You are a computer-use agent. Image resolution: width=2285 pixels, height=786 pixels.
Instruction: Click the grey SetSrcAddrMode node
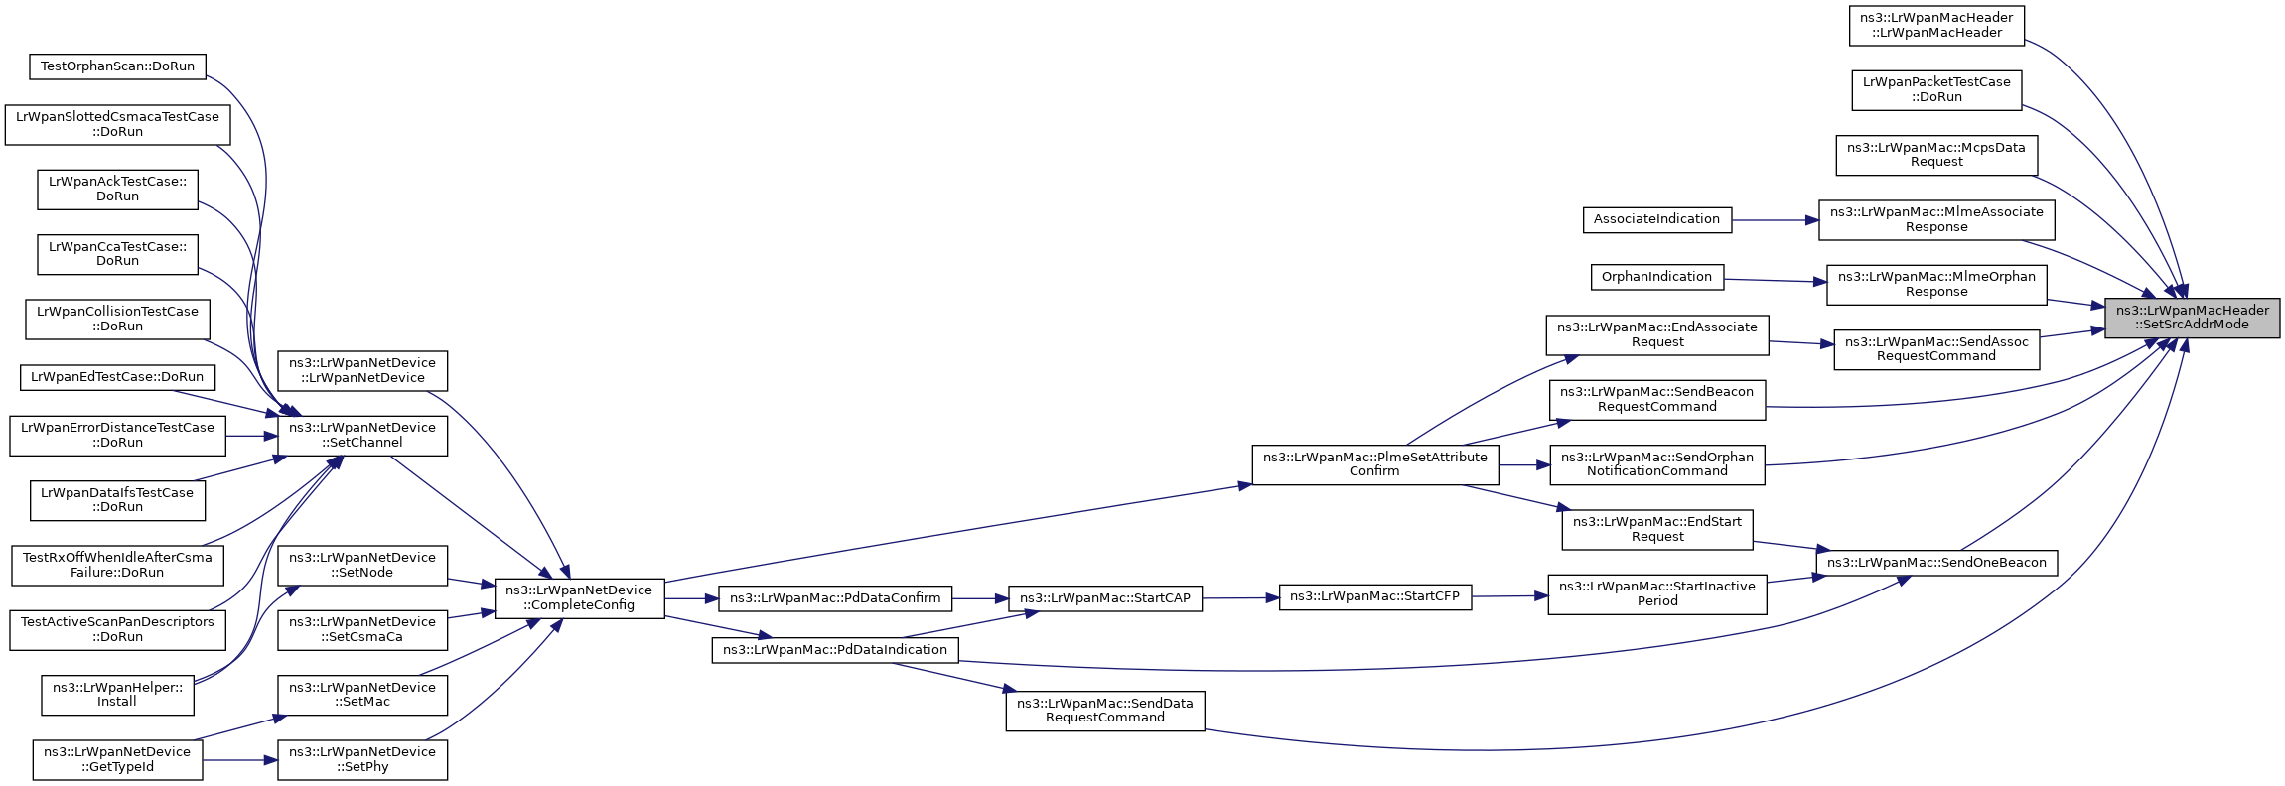2191,318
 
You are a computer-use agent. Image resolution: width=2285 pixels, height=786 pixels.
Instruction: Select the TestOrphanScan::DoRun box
117,66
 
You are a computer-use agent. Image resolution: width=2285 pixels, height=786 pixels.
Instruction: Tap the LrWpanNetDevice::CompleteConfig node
579,598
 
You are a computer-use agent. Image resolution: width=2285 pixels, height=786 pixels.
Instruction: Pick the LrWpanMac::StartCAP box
1105,598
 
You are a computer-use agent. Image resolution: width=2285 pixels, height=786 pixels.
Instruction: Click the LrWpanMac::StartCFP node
1374,597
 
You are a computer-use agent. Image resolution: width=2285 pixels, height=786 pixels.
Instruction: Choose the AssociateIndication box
1656,219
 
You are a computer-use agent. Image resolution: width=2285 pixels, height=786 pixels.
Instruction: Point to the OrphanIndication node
1656,277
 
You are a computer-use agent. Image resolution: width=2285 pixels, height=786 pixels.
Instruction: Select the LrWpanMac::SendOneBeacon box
1936,563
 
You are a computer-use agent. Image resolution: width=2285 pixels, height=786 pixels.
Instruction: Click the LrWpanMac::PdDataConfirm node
835,598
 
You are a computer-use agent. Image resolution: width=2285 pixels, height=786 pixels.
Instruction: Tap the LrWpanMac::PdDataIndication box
835,650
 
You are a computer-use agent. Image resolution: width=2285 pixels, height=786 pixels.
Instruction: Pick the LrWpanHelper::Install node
117,695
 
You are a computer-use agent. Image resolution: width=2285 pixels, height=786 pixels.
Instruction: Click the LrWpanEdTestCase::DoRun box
117,377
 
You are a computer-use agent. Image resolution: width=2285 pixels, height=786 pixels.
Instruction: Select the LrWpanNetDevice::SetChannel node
362,436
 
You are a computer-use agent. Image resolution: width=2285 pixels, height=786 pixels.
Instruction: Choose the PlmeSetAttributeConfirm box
1374,464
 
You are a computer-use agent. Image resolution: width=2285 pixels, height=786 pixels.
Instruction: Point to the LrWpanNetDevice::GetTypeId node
117,760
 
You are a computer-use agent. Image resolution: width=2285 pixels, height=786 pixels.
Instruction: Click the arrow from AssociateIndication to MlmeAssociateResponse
1775,220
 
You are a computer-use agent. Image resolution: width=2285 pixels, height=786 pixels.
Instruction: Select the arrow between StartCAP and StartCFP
1240,598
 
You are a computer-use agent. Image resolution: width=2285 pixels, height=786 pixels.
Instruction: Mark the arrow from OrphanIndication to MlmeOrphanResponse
1776,281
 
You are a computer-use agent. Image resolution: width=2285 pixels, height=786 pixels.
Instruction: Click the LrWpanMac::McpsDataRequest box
1936,155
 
